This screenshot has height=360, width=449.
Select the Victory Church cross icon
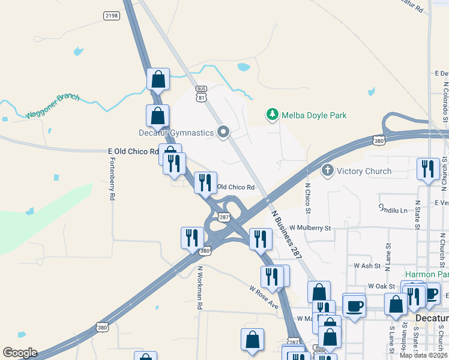pyautogui.click(x=328, y=171)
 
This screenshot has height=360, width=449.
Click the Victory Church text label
pyautogui.click(x=364, y=171)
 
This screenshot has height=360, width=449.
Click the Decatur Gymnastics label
pyautogui.click(x=176, y=133)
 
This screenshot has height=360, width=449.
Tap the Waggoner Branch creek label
pyautogui.click(x=52, y=106)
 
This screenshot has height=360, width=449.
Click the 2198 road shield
pyautogui.click(x=112, y=15)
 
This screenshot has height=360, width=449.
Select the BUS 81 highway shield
pyautogui.click(x=202, y=93)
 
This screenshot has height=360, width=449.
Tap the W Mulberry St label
pyautogui.click(x=310, y=228)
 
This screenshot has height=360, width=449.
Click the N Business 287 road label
pyautogui.click(x=286, y=234)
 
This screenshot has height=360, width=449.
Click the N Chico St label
pyautogui.click(x=308, y=198)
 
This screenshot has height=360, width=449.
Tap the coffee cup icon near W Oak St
pyautogui.click(x=354, y=305)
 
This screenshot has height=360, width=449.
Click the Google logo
pyautogui.click(x=20, y=353)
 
